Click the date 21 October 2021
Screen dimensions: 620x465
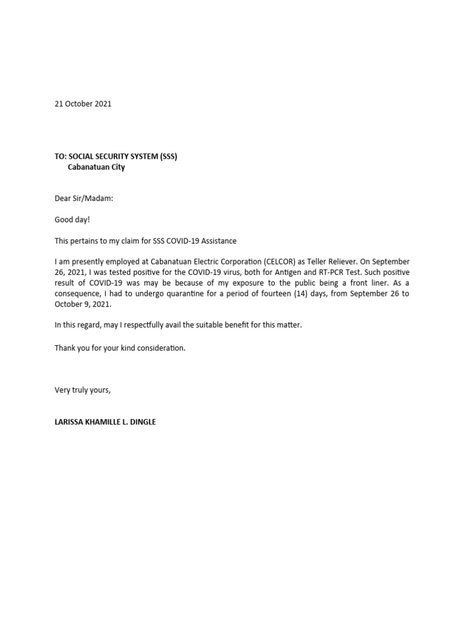83,104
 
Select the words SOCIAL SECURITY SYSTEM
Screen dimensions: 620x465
113,156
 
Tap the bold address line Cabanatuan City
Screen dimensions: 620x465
96,167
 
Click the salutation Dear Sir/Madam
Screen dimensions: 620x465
84,198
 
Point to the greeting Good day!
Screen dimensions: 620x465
72,220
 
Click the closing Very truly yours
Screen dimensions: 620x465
83,390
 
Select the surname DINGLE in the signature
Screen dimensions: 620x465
142,421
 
